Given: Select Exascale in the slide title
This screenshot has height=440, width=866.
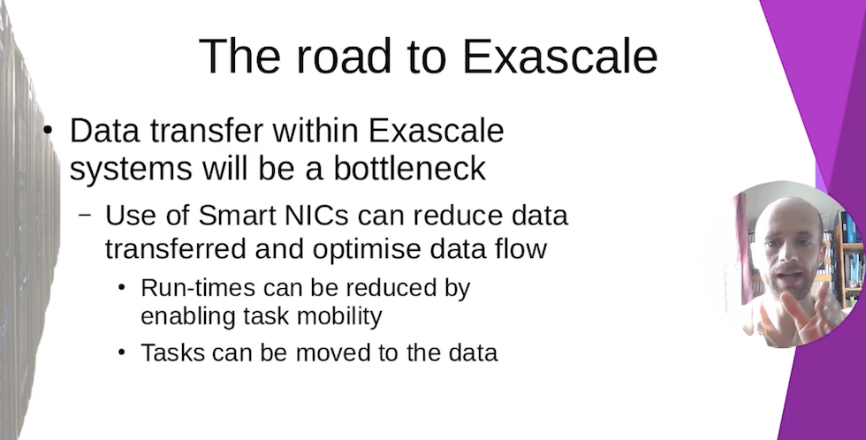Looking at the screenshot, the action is click(x=559, y=56).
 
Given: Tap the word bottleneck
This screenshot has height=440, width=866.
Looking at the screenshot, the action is click(x=409, y=168).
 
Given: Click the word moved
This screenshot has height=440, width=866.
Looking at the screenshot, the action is click(x=333, y=353).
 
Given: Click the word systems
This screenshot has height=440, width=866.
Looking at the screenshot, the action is click(x=131, y=169).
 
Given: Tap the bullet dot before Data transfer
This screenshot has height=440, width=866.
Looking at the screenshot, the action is click(x=48, y=131).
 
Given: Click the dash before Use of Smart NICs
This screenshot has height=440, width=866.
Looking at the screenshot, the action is click(x=85, y=214).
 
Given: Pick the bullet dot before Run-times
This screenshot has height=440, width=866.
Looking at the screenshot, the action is click(x=122, y=288).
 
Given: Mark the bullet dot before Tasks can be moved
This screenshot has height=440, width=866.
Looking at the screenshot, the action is click(x=122, y=353).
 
